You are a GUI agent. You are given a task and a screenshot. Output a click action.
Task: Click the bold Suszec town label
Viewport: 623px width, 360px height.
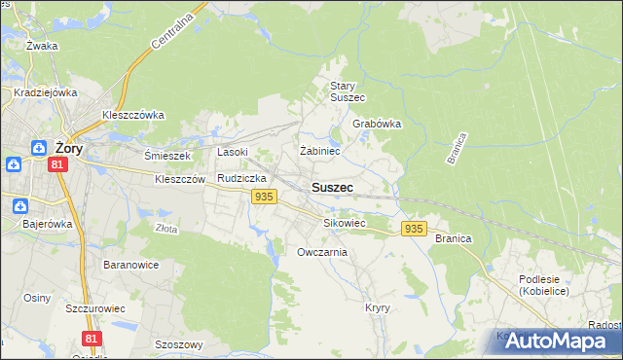332,187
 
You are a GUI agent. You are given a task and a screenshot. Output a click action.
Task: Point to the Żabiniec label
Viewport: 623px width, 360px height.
319,151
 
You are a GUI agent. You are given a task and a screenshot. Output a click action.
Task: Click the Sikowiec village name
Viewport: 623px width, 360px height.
345,223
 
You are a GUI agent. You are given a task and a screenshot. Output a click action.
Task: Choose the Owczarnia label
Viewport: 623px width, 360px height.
322,252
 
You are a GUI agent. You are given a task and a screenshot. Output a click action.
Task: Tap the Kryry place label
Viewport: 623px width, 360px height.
378,307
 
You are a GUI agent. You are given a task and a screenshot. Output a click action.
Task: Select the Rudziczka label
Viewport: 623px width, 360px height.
242,179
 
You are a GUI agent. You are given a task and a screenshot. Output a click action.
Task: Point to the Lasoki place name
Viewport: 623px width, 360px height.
233,152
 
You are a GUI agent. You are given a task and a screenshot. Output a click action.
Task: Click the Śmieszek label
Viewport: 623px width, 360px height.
167,156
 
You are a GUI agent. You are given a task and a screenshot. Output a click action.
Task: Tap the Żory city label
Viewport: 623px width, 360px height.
68,149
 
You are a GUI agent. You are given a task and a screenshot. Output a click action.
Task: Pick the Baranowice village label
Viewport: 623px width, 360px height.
130,265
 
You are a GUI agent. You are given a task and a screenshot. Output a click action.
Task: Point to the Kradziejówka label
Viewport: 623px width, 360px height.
46,93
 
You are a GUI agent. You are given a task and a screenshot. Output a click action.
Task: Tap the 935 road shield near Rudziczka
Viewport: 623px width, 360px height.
262,198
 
